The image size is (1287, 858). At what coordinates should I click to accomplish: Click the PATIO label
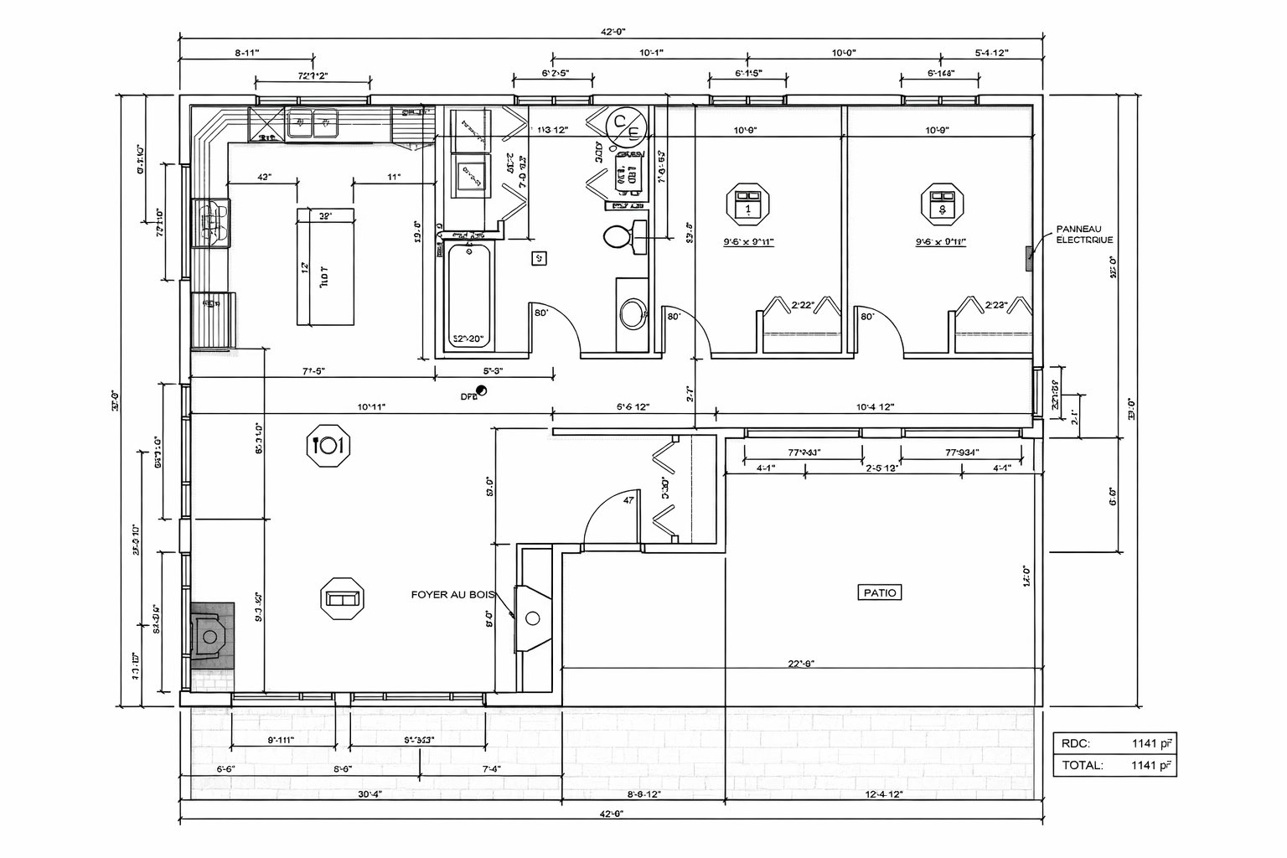[879, 592]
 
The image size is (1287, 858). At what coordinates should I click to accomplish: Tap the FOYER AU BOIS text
[452, 594]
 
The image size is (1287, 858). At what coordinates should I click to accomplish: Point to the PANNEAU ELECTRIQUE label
[1084, 234]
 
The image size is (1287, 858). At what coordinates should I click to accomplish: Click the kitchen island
[325, 266]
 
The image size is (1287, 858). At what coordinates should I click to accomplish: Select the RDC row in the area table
[1114, 742]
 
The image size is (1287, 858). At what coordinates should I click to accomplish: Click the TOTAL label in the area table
[1082, 765]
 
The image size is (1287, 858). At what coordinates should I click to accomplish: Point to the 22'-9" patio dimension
[801, 663]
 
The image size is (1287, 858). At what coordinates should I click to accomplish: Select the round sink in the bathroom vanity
[632, 315]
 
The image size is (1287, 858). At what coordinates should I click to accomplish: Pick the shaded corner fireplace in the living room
[211, 637]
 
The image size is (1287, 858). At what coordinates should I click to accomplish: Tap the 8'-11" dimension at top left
[246, 53]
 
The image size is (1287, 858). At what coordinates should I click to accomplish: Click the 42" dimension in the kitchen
[264, 178]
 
